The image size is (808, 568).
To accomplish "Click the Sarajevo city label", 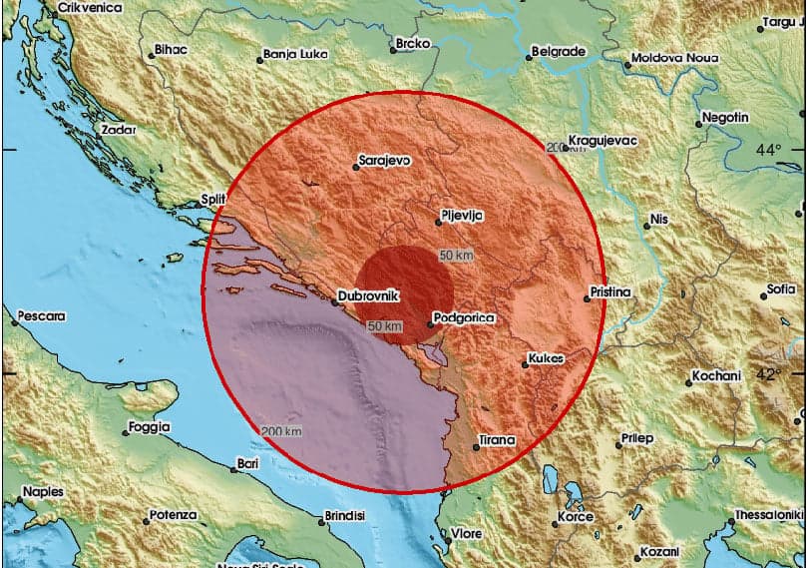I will click(386, 160).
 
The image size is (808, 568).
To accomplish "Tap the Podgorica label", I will click(462, 318).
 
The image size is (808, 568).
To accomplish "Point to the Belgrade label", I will click(558, 51).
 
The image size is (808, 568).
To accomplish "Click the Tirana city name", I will click(496, 440).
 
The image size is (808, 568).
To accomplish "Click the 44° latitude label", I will click(768, 150).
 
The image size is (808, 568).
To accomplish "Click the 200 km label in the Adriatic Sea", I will click(279, 431).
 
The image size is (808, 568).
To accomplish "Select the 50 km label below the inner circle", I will click(385, 326).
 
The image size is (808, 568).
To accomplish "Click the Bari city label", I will click(247, 464).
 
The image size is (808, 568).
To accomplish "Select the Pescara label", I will click(43, 316).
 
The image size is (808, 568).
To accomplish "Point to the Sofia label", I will click(780, 289).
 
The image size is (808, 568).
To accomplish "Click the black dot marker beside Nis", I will click(647, 226).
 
